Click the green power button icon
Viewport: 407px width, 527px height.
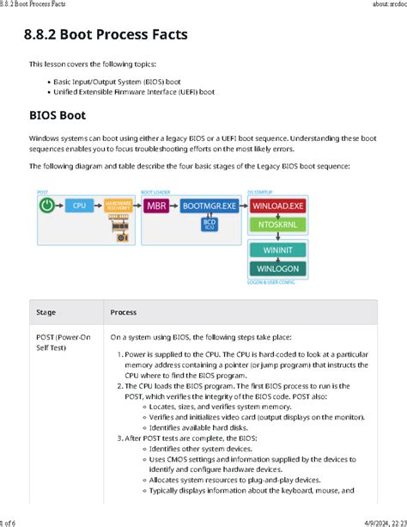click(48, 206)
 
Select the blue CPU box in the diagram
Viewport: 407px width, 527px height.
click(79, 206)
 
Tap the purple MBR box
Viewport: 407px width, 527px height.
click(156, 206)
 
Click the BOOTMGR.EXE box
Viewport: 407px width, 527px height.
click(209, 206)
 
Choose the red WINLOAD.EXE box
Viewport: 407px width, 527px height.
click(277, 206)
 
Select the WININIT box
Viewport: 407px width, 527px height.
click(277, 251)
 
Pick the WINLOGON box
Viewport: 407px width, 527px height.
click(277, 268)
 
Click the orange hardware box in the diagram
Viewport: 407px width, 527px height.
click(118, 206)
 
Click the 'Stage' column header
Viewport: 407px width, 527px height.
click(46, 312)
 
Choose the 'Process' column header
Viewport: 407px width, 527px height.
click(124, 312)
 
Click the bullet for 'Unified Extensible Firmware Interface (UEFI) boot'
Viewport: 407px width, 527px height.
click(46, 91)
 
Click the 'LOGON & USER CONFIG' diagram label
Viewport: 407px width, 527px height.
click(271, 281)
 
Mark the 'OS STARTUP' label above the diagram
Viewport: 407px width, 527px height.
click(259, 192)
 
